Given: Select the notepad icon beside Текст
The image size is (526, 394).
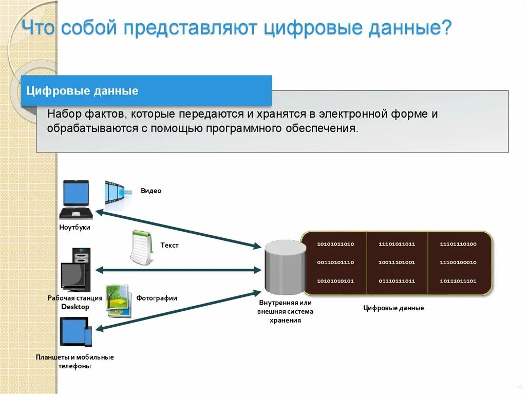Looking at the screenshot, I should pyautogui.click(x=141, y=248).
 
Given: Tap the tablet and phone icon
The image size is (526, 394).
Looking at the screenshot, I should pyautogui.click(x=76, y=332).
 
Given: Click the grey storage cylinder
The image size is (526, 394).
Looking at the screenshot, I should pyautogui.click(x=285, y=268).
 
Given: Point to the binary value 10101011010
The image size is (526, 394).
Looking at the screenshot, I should pyautogui.click(x=335, y=244).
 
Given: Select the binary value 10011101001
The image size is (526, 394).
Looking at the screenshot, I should pyautogui.click(x=397, y=262).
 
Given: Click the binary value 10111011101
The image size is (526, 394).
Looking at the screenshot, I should pyautogui.click(x=458, y=281).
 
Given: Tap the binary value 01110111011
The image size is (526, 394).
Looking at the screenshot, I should pyautogui.click(x=397, y=281).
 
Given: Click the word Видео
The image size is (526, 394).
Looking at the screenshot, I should pyautogui.click(x=151, y=191).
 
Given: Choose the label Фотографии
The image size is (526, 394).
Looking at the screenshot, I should pyautogui.click(x=157, y=298).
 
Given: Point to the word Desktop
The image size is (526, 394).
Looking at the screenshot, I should pyautogui.click(x=75, y=307).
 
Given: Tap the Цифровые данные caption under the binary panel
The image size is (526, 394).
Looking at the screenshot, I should pyautogui.click(x=393, y=308).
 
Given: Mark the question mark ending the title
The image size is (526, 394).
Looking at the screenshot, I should pyautogui.click(x=447, y=27).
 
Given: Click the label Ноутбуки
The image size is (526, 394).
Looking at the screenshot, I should pyautogui.click(x=74, y=227).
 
